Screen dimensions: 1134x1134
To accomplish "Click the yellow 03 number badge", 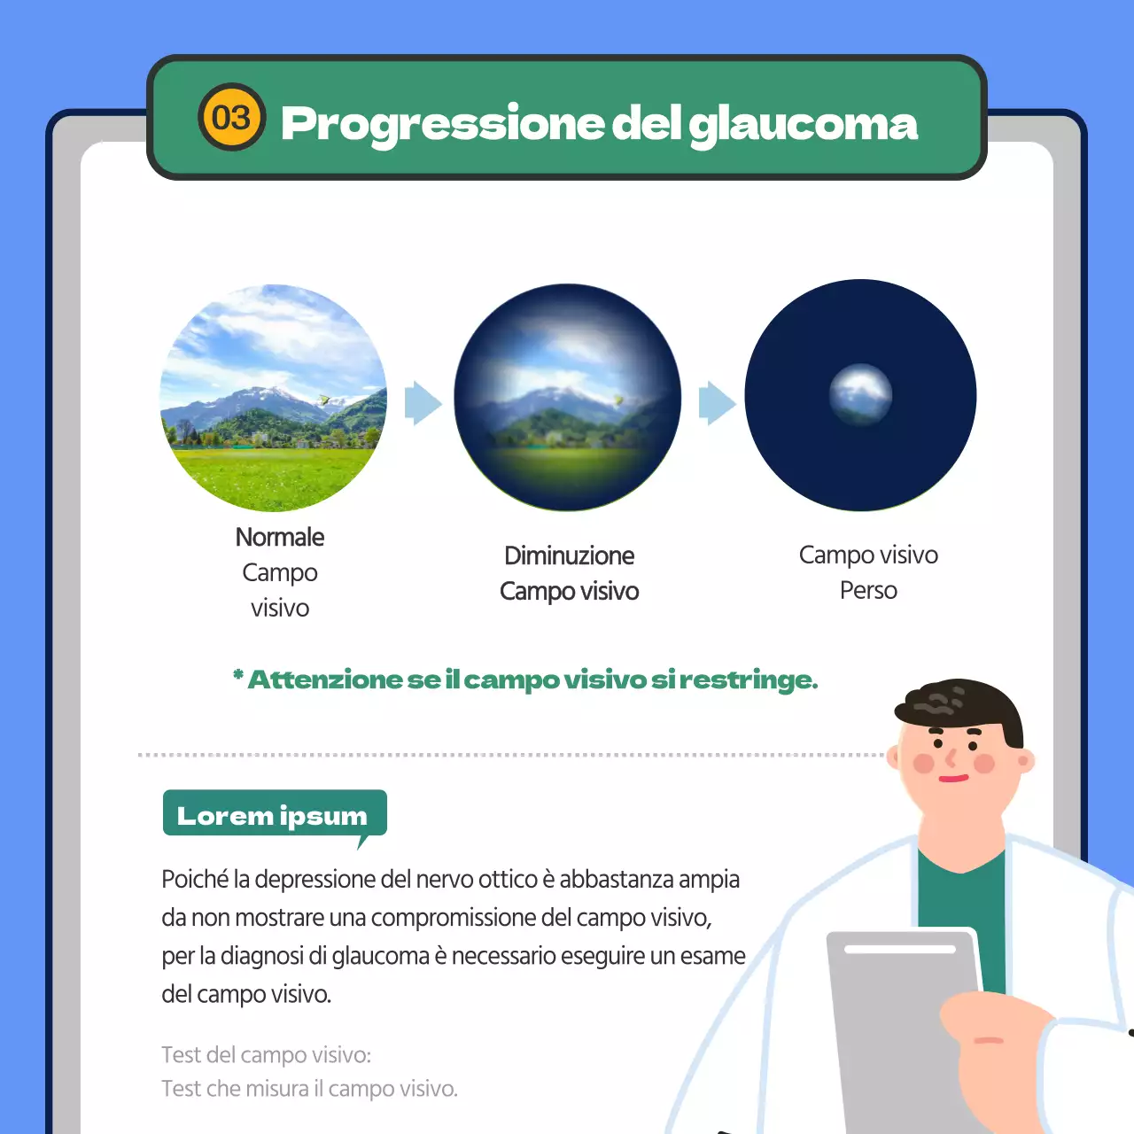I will pyautogui.click(x=231, y=118).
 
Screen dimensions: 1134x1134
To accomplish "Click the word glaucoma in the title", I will pyautogui.click(x=803, y=124).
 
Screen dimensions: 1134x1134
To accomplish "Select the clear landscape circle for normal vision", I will pyautogui.click(x=273, y=398).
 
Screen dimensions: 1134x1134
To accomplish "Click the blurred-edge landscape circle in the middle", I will pyautogui.click(x=567, y=398).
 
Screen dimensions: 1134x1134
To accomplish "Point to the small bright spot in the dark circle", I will pyautogui.click(x=860, y=394).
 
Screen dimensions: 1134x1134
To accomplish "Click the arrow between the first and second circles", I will pyautogui.click(x=423, y=404).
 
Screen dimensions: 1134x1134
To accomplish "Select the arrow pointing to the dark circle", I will pyautogui.click(x=717, y=404).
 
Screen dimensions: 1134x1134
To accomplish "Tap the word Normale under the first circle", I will pyautogui.click(x=280, y=537).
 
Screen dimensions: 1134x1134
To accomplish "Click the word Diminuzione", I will pyautogui.click(x=569, y=555).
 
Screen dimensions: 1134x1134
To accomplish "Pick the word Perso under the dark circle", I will pyautogui.click(x=868, y=590).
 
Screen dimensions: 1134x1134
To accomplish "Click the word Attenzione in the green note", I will pyautogui.click(x=325, y=680).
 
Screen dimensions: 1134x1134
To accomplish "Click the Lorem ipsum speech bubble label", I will pyautogui.click(x=274, y=815).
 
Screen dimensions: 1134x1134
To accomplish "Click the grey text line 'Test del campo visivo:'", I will pyautogui.click(x=266, y=1054).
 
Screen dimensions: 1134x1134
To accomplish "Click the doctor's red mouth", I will pyautogui.click(x=953, y=779).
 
